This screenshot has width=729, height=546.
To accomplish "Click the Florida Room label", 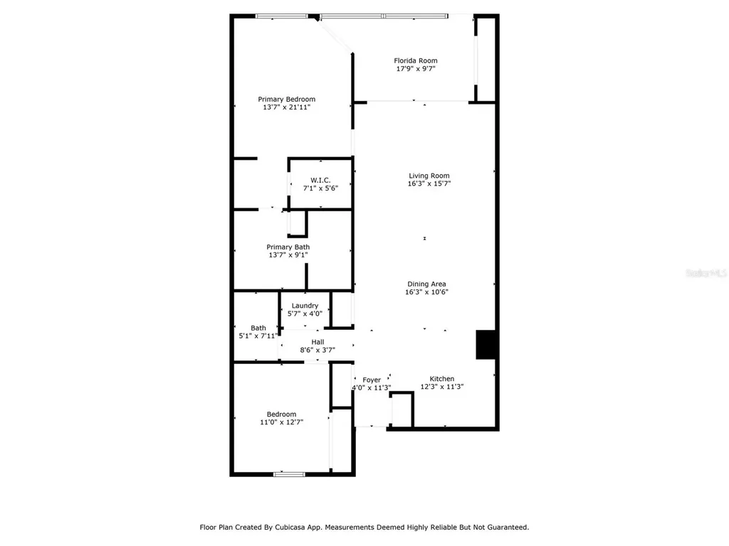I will point(416,60).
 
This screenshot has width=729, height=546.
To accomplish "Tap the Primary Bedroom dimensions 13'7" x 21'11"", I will point(286,107).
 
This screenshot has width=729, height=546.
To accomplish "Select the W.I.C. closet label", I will point(320,180).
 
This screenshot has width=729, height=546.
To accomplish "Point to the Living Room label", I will point(429,176).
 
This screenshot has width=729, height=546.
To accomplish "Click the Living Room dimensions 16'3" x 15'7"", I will point(429,184).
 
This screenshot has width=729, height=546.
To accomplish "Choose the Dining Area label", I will point(427,284).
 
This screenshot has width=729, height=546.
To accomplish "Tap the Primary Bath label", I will point(288,247).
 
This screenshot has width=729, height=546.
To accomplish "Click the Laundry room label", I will point(305,306).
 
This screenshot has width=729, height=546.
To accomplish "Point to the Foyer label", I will point(372,380).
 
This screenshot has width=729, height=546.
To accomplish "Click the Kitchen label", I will point(441,379).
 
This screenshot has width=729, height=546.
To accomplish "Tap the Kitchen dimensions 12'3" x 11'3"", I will point(441,387).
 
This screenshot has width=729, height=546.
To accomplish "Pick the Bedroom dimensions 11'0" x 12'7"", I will point(281,422).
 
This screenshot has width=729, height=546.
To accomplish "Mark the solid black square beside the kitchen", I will point(486,345).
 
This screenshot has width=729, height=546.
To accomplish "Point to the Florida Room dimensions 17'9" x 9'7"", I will point(416,69).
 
